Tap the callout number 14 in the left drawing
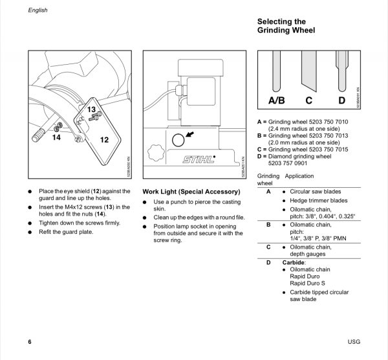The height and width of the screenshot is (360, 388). pos(56,137)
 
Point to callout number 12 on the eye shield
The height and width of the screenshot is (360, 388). pos(104,139)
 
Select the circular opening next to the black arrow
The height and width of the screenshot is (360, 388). pos(177,141)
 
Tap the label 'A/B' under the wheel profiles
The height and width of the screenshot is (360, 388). pos(276,100)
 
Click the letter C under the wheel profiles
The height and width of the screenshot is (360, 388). pos(308,100)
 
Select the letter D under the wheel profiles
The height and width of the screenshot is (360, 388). pos(341,100)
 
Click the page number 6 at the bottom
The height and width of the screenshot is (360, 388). pos(30,341)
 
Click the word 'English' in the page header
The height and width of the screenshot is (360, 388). pos(38,10)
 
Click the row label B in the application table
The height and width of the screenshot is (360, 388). pos(268,224)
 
